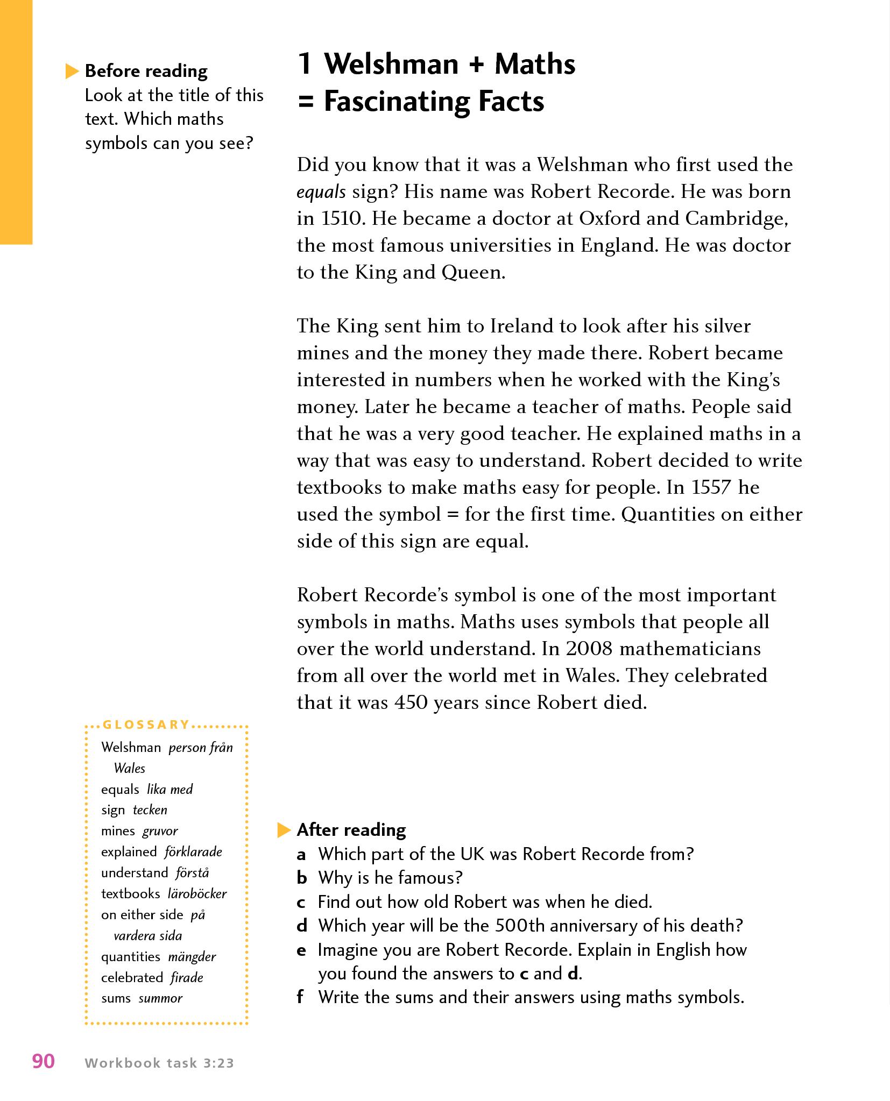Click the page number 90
[x=44, y=1061]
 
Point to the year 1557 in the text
[x=712, y=488]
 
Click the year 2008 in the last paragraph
[x=589, y=649]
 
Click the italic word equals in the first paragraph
[x=321, y=193]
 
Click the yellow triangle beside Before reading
[x=72, y=71]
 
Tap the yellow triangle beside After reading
[x=284, y=830]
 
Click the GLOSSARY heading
[x=146, y=724]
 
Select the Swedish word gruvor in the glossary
[x=160, y=831]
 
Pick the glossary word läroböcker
[x=197, y=894]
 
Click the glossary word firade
[x=187, y=977]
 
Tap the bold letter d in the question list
[x=302, y=926]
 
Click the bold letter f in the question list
[x=300, y=997]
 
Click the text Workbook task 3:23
[x=159, y=1063]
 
